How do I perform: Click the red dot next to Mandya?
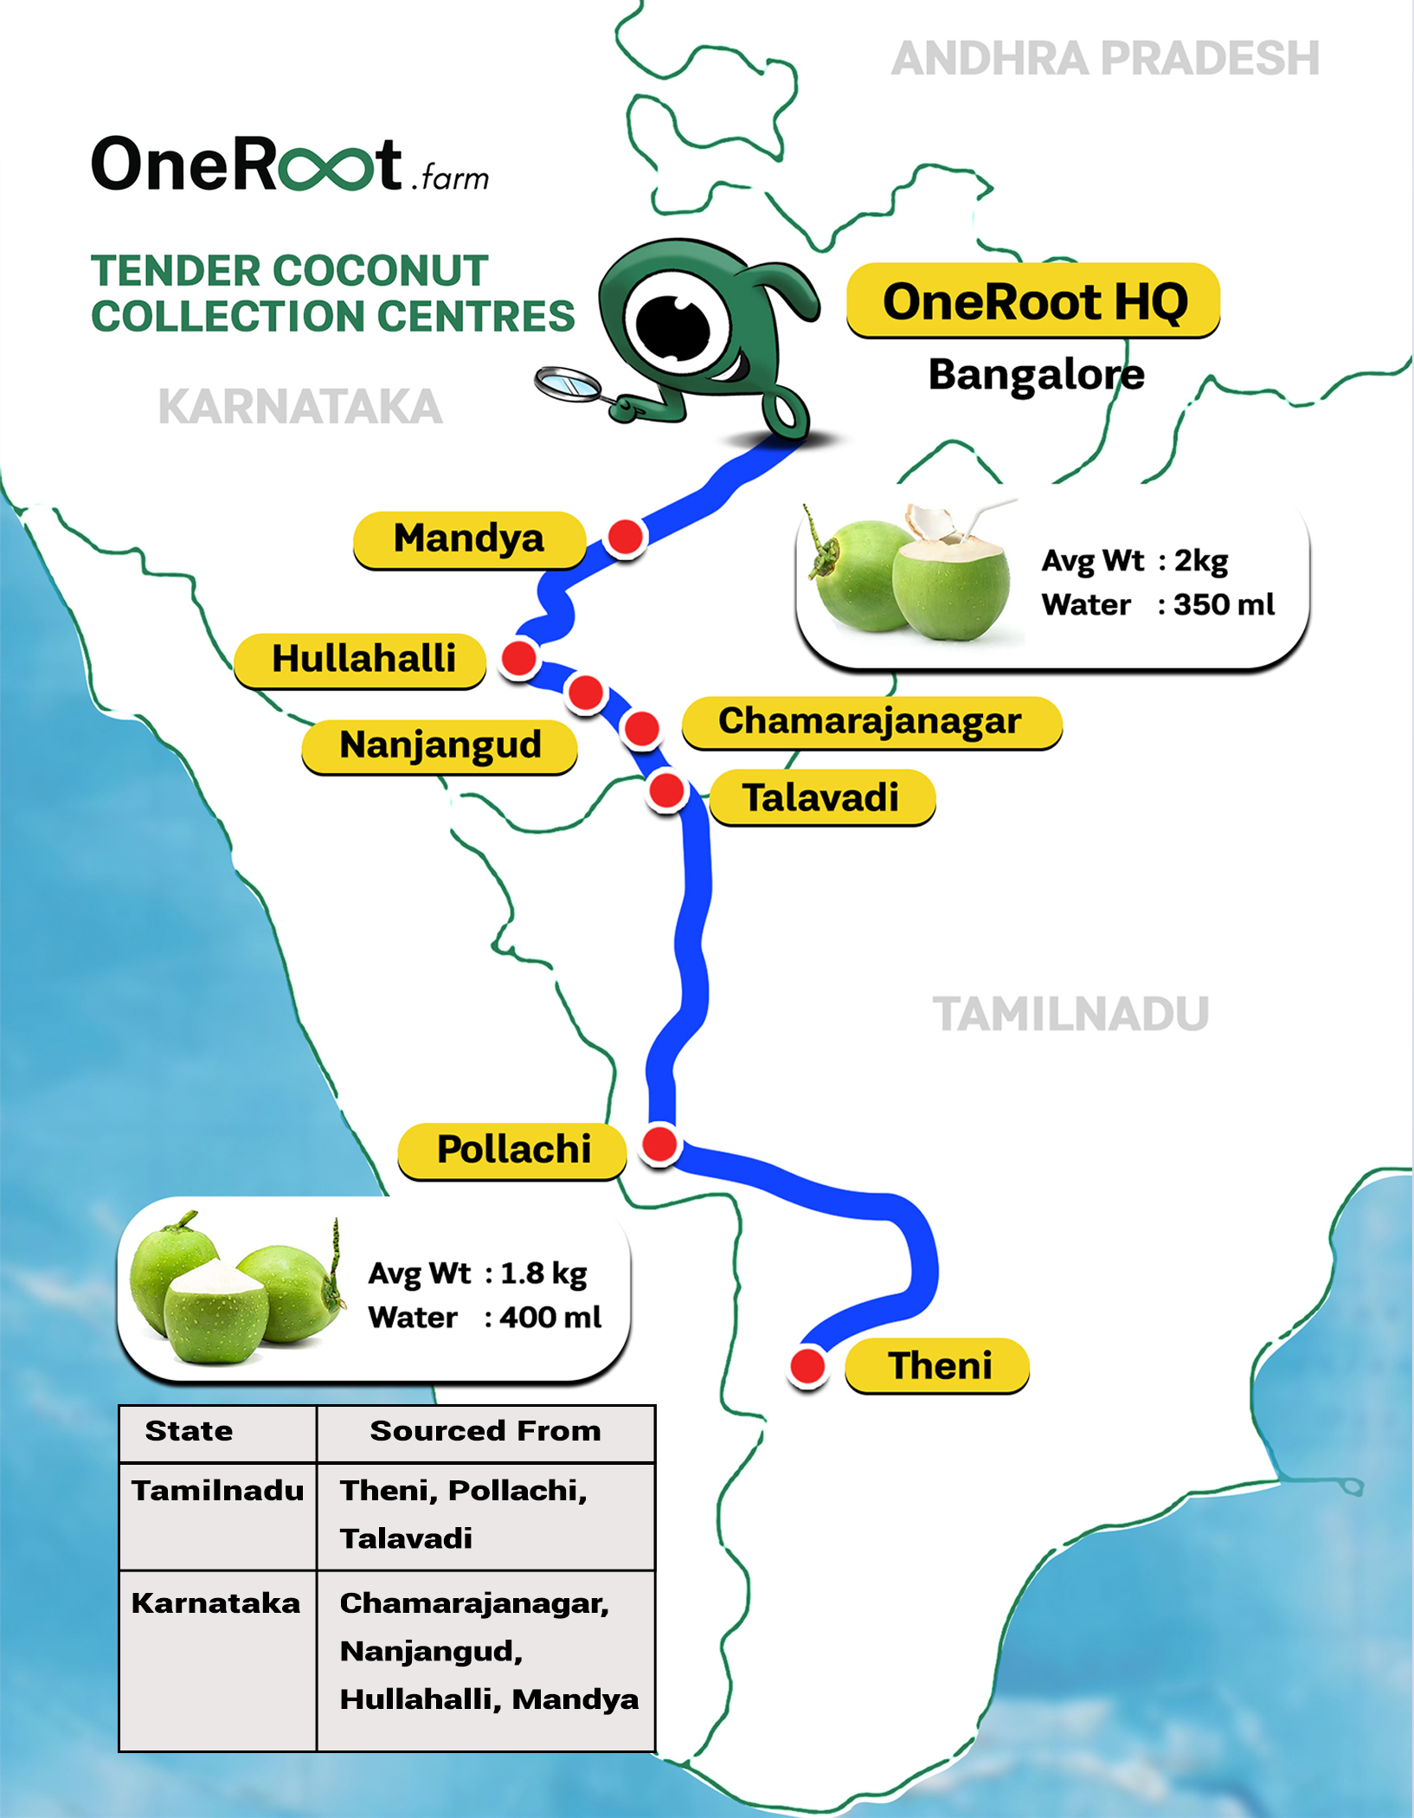click(x=625, y=537)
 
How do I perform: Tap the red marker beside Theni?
click(x=807, y=1366)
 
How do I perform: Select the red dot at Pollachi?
click(x=660, y=1144)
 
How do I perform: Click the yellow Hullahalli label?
click(x=361, y=660)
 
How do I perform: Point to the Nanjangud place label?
click(x=440, y=745)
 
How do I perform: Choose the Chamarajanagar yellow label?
click(x=871, y=722)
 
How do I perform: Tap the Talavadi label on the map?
click(x=822, y=797)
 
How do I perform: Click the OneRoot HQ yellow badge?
click(x=1033, y=300)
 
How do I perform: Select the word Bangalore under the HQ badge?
click(x=1037, y=375)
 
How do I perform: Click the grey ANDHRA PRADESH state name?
click(x=1105, y=59)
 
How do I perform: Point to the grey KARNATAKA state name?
click(x=300, y=407)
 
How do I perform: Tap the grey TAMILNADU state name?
click(x=1070, y=1015)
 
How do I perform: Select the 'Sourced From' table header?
click(x=485, y=1431)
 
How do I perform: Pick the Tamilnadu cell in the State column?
click(x=218, y=1491)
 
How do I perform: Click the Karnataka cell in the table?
click(x=216, y=1603)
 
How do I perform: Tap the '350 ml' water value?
click(x=1224, y=604)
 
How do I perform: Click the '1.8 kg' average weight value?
click(x=543, y=1273)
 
